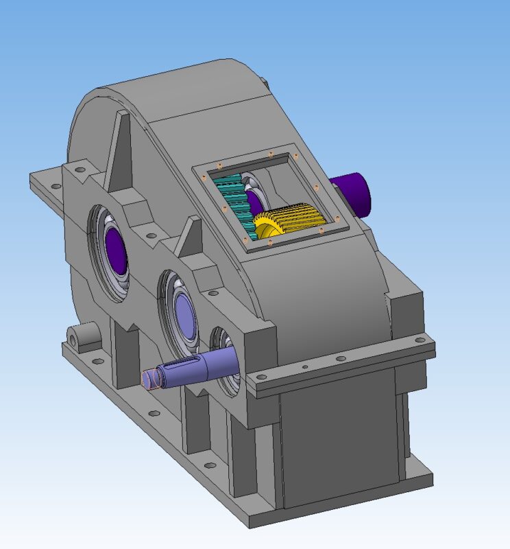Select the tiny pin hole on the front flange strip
(304, 367)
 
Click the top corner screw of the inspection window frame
(271, 153)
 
